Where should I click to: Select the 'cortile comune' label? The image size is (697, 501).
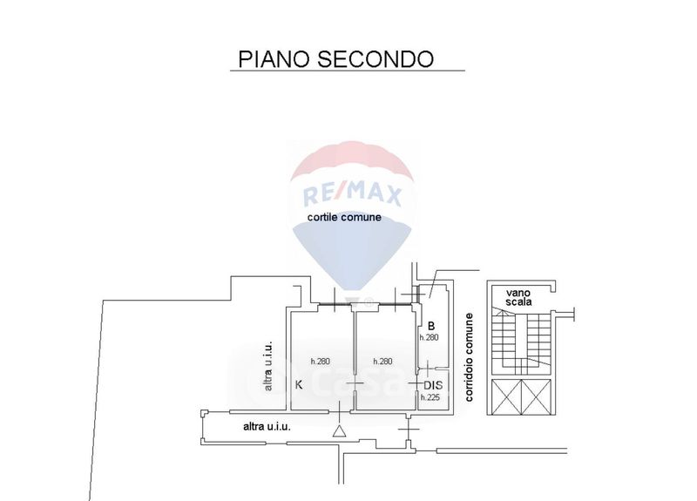pyautogui.click(x=343, y=218)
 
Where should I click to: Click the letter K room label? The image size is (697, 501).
pyautogui.click(x=299, y=384)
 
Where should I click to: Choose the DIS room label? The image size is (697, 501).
pyautogui.click(x=433, y=384)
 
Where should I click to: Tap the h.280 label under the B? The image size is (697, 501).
pyautogui.click(x=430, y=337)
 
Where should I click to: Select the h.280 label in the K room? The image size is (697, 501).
pyautogui.click(x=321, y=361)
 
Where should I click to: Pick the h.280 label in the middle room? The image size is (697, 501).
pyautogui.click(x=384, y=361)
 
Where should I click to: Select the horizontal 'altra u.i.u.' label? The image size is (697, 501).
pyautogui.click(x=267, y=427)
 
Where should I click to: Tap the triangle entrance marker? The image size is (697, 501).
pyautogui.click(x=338, y=430)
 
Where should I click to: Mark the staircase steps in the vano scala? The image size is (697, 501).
pyautogui.click(x=521, y=345)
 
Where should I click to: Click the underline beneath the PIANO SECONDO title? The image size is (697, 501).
pyautogui.click(x=348, y=71)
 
